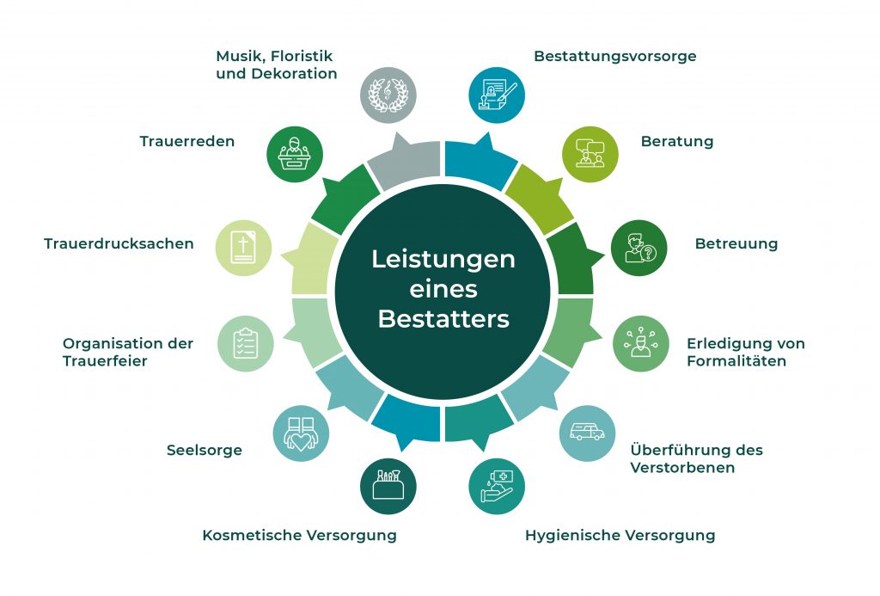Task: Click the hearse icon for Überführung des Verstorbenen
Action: tap(587, 433)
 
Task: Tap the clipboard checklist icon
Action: tap(245, 343)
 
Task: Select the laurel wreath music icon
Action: tap(388, 95)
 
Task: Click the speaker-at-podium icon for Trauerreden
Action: tap(295, 154)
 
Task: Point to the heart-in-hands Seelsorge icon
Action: tap(301, 433)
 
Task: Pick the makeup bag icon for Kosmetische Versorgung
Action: tap(388, 487)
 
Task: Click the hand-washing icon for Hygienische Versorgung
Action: tap(497, 487)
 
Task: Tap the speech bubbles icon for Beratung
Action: tap(590, 154)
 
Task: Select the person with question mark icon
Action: tap(639, 248)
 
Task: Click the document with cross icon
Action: tap(243, 248)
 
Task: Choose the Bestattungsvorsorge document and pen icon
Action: tap(497, 95)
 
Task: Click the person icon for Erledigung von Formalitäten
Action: tap(640, 343)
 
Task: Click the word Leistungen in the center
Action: tap(443, 260)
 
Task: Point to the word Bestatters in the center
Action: tap(443, 319)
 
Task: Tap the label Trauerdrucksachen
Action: tap(119, 243)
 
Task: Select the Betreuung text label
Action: tap(736, 243)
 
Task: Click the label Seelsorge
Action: tap(205, 451)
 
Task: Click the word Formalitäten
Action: tap(736, 361)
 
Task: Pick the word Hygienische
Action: tap(571, 536)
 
